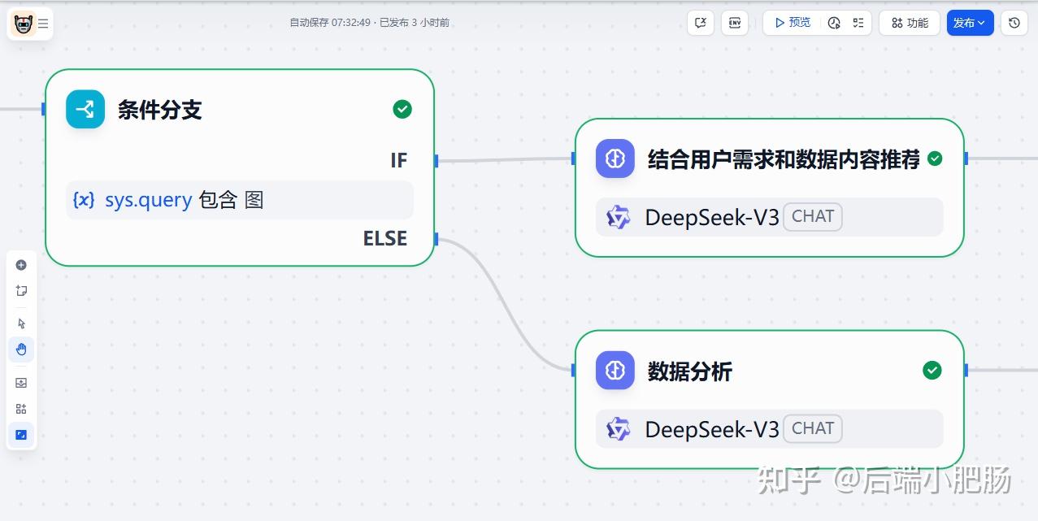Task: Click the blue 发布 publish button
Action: pos(969,23)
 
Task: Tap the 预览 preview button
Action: pos(792,23)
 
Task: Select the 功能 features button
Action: pos(909,23)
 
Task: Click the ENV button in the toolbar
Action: pos(735,23)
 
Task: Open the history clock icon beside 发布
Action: pos(1014,23)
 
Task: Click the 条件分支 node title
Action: pos(159,110)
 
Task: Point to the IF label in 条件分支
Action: pos(398,161)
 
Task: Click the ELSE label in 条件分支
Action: pos(384,239)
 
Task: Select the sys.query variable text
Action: pos(148,200)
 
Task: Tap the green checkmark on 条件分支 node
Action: pos(402,109)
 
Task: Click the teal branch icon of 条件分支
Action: pos(85,109)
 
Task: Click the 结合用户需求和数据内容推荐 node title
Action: pos(783,159)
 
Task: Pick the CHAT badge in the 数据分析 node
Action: pos(813,428)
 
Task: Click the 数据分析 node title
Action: pos(689,371)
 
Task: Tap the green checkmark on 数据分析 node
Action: pos(932,371)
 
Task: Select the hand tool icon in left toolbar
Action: pos(21,350)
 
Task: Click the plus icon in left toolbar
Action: pos(21,265)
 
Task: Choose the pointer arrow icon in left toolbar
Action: pos(21,323)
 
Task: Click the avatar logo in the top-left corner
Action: pos(23,24)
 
